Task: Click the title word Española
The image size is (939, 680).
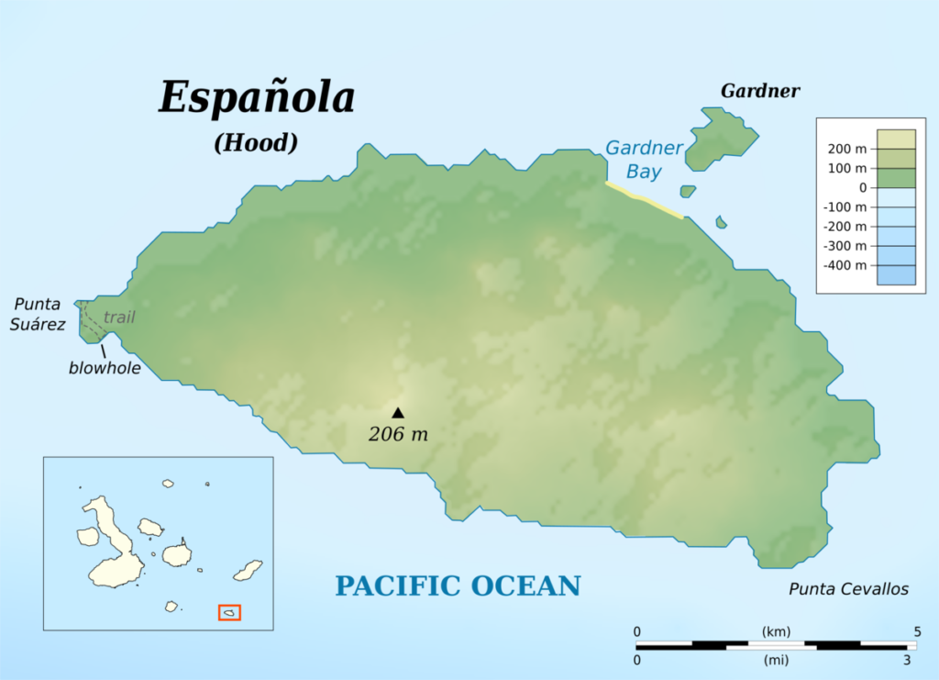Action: tap(256, 98)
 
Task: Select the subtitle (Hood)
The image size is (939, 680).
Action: tap(256, 143)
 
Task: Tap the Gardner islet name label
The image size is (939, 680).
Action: tap(760, 91)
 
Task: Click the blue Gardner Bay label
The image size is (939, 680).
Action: tap(644, 160)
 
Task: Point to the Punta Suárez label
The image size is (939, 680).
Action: tap(39, 314)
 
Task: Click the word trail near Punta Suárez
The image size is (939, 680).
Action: tap(119, 318)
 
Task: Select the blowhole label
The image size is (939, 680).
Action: tap(105, 368)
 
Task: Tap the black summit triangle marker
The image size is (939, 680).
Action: tap(398, 413)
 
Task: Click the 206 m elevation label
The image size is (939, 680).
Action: tap(398, 435)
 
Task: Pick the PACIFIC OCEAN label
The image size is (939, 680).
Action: tap(458, 585)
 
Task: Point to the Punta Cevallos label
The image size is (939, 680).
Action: tap(848, 589)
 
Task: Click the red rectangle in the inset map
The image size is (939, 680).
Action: tap(229, 612)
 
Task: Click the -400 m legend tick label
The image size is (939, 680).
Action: tap(845, 265)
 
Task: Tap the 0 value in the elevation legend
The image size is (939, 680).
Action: tap(862, 187)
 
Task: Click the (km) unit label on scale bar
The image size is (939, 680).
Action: tap(776, 631)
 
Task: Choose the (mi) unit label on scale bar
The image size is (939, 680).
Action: tap(776, 660)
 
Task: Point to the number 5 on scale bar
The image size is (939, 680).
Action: tap(916, 631)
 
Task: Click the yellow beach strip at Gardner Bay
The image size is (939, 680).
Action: tap(644, 199)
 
